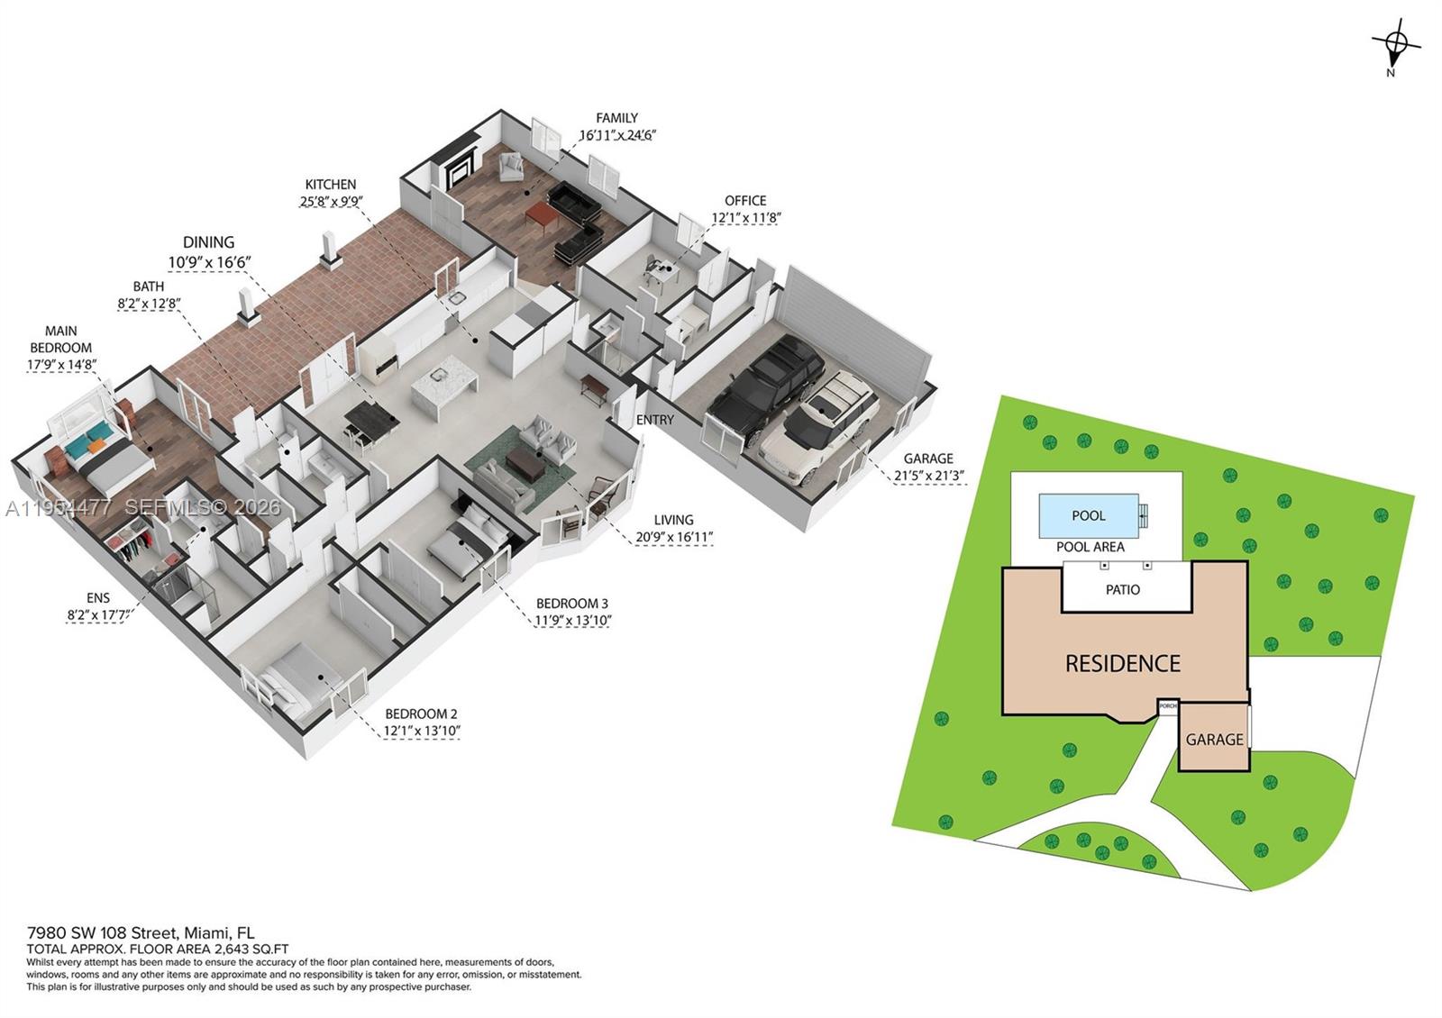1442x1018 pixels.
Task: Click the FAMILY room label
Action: click(616, 118)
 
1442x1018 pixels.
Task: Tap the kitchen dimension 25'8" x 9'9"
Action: click(331, 202)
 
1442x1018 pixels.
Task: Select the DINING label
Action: click(208, 242)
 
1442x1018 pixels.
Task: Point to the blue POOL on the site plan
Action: click(1089, 516)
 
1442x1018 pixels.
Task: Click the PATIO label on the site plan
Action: click(1122, 589)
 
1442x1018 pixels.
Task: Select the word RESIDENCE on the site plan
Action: click(1122, 664)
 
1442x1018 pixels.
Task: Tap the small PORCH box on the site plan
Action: click(1168, 706)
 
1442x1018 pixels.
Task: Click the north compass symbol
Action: click(1395, 43)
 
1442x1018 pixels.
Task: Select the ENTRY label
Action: click(654, 420)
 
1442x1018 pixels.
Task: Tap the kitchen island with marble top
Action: click(443, 385)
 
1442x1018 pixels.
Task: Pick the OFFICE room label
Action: click(745, 201)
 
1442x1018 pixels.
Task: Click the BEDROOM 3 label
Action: click(571, 604)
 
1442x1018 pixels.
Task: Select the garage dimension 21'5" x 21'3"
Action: click(929, 475)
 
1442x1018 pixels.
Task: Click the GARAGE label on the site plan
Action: click(1214, 740)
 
